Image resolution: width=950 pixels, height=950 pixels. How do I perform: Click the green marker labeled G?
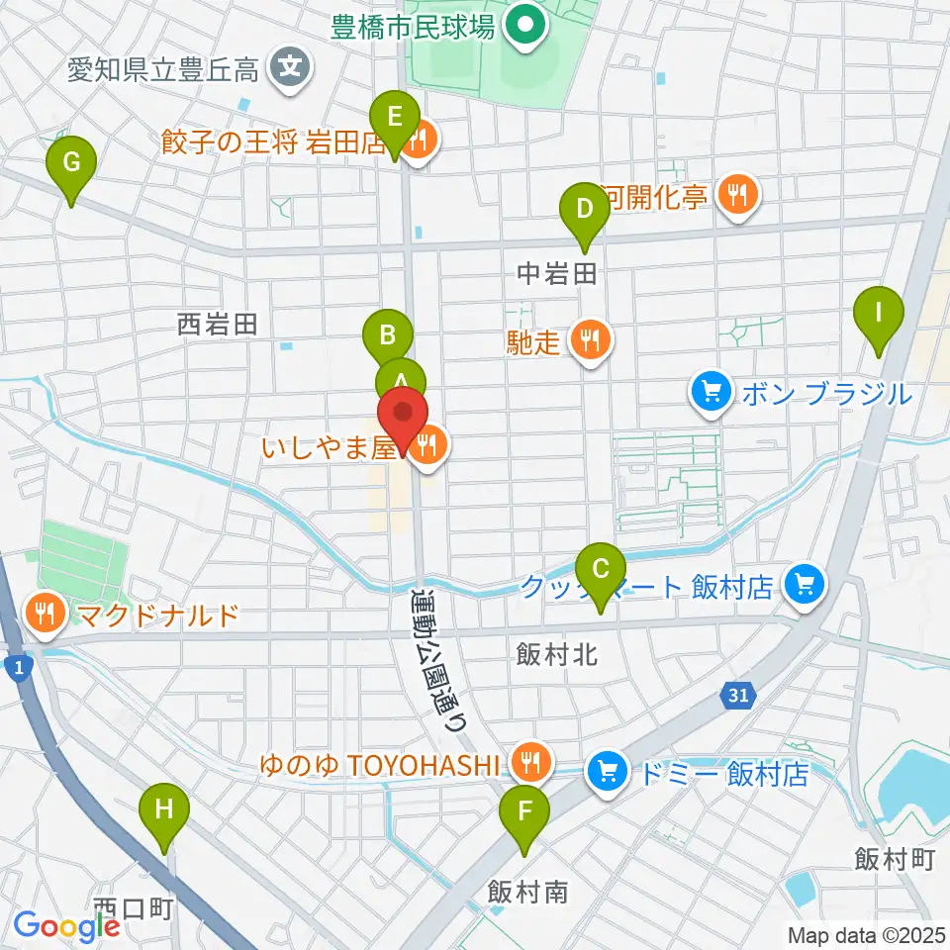coord(71,162)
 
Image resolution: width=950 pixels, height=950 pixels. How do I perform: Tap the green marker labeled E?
coord(395,118)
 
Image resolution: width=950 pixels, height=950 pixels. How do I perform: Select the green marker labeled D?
coord(584,209)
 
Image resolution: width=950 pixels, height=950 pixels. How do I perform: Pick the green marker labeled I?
coord(878,314)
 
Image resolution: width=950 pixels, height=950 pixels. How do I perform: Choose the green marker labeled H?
coord(164,810)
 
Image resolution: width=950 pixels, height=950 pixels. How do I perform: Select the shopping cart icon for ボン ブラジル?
coord(709,393)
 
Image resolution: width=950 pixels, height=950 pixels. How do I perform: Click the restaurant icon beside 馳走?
coord(592,342)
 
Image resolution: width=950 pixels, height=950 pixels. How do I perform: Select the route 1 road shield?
coord(18,670)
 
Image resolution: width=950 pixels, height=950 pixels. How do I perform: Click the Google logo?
coord(66,926)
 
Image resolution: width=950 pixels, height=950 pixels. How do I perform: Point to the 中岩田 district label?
coord(557,275)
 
